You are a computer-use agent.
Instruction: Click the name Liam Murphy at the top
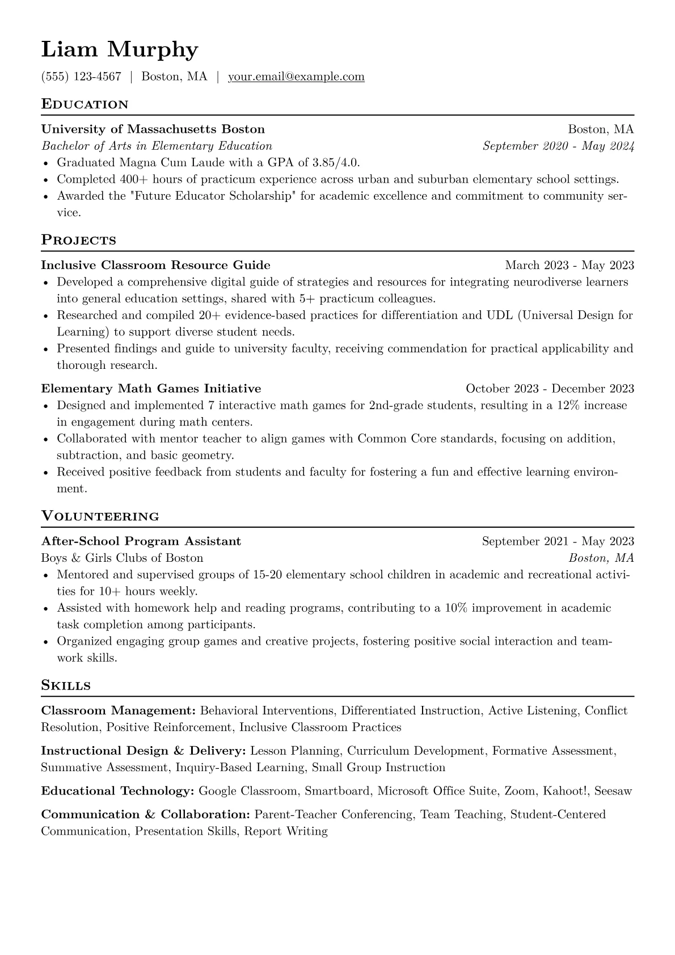pyautogui.click(x=120, y=50)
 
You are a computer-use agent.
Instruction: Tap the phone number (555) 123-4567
pyautogui.click(x=81, y=77)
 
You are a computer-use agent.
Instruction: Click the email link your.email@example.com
pyautogui.click(x=296, y=77)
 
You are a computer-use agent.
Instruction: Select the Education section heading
pyautogui.click(x=85, y=104)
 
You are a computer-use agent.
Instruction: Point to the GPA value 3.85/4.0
pyautogui.click(x=336, y=163)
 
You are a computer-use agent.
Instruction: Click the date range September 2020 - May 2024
pyautogui.click(x=558, y=146)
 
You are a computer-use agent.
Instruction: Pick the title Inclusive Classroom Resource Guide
pyautogui.click(x=155, y=265)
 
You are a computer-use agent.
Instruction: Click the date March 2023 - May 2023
pyautogui.click(x=569, y=265)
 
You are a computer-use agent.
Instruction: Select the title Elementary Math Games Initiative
pyautogui.click(x=151, y=389)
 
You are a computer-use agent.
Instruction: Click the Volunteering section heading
pyautogui.click(x=100, y=516)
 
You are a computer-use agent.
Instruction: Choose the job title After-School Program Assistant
pyautogui.click(x=141, y=541)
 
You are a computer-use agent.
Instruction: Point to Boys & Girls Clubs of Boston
pyautogui.click(x=122, y=558)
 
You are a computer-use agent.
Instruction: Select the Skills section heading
pyautogui.click(x=66, y=685)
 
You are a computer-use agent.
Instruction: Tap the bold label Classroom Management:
pyautogui.click(x=119, y=711)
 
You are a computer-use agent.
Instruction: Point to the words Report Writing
pyautogui.click(x=286, y=831)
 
